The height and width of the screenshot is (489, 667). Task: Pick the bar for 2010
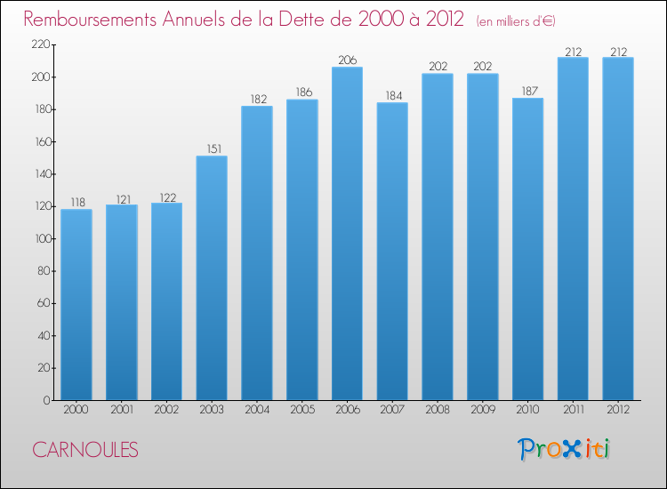pyautogui.click(x=527, y=249)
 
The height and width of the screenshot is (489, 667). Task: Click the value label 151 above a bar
pyautogui.click(x=212, y=148)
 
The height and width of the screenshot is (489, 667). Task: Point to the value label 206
pyautogui.click(x=347, y=60)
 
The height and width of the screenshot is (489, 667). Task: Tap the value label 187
pyautogui.click(x=527, y=91)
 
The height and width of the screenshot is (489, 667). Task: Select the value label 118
pyautogui.click(x=76, y=202)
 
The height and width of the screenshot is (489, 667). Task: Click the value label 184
pyautogui.click(x=392, y=95)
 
